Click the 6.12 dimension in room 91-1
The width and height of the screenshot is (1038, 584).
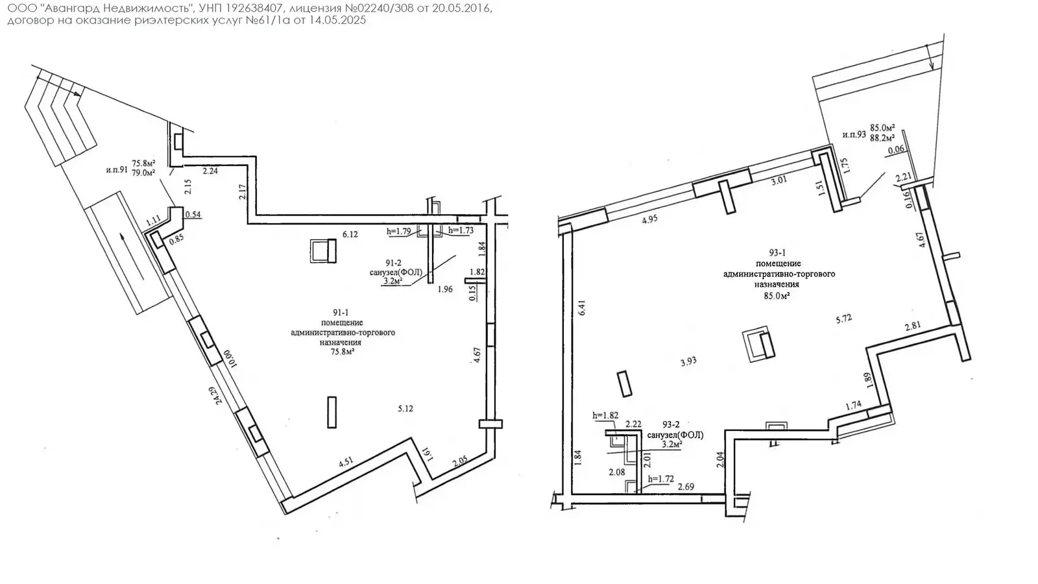coord(350,234)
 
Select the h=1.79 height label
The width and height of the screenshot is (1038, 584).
coord(399,231)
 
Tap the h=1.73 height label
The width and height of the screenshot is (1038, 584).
coord(461,230)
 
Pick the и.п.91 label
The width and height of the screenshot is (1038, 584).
coord(117,169)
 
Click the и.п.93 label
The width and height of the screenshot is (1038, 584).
coord(854,134)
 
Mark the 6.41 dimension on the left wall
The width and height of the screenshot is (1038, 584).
coord(582,308)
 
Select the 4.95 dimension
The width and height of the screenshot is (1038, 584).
coord(649,219)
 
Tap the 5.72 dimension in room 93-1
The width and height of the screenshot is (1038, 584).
coord(844,319)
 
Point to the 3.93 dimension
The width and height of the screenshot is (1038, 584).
coord(688,361)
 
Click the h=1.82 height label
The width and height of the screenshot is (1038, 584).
coord(605,415)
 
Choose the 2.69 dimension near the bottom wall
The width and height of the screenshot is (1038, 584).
coord(686,487)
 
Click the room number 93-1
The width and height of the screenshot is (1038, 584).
coord(777,252)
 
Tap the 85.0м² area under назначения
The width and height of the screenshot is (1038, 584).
coord(777,295)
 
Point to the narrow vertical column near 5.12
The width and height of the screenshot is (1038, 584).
coord(332,412)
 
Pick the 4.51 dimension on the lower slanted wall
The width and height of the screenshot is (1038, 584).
coord(346,461)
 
